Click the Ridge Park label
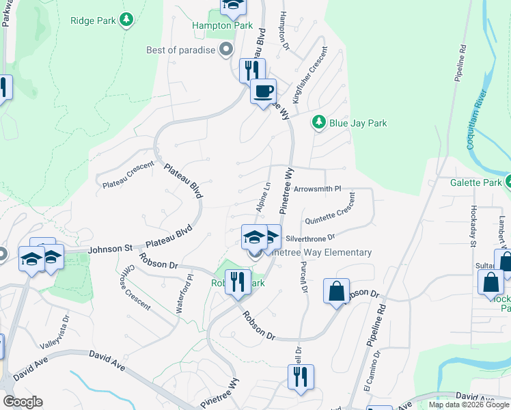coord(93,20)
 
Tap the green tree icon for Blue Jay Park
coord(318,123)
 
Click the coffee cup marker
coord(263,92)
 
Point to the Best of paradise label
coord(181,50)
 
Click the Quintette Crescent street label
coord(331,210)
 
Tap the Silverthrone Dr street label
coord(311,238)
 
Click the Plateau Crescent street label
coord(128,176)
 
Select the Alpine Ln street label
coord(263,196)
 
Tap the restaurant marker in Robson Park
coord(238,282)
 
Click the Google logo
coord(23,402)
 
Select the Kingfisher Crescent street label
coord(309,75)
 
